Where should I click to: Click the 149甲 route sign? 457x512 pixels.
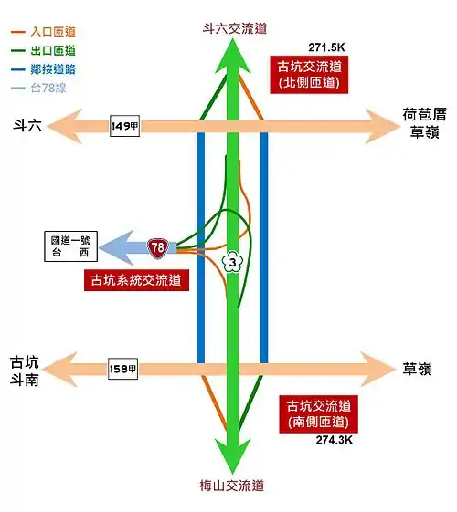coord(124,126)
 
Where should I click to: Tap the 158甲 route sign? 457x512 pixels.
coord(122,369)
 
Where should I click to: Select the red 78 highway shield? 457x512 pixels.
coord(158,248)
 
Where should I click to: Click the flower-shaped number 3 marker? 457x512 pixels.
coord(232,262)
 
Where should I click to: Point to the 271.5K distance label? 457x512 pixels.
coord(326,47)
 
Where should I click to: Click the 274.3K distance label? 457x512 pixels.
coord(335,440)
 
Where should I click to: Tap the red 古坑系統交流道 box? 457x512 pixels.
coord(136,280)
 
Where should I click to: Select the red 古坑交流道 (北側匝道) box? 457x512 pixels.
coord(309,75)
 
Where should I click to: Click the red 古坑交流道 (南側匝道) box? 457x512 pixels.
coord(318,414)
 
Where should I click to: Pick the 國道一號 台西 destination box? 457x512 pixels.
coord(70,246)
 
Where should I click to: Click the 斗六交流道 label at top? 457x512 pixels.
coord(235,28)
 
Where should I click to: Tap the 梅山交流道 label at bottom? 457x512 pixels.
coord(232,486)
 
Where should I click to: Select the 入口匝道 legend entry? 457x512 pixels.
coord(43,32)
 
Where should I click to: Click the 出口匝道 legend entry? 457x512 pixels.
coord(43,50)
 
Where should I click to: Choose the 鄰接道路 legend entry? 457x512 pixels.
coord(43,69)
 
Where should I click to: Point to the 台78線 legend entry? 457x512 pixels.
coord(38,88)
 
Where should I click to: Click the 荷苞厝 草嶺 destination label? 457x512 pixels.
coord(424,123)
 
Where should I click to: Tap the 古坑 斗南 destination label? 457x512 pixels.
coord(24,371)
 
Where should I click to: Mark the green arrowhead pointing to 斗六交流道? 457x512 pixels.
coord(232,56)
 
